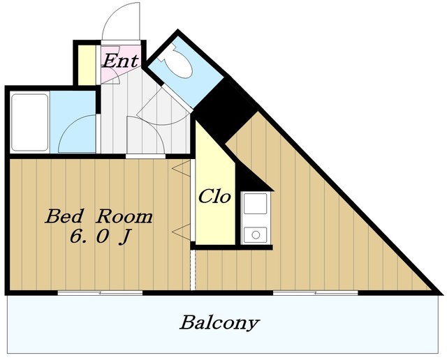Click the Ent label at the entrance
point(121,61)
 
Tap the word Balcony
point(219,323)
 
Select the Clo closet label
point(214,197)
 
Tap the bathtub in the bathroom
point(29,122)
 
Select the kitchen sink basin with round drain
point(256,234)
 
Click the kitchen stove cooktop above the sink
point(256,203)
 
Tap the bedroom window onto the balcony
point(100,293)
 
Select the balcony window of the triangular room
point(315,293)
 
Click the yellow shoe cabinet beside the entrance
point(87,65)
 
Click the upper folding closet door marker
point(182,168)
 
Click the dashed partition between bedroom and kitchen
point(193,270)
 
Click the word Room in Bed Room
point(124,216)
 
